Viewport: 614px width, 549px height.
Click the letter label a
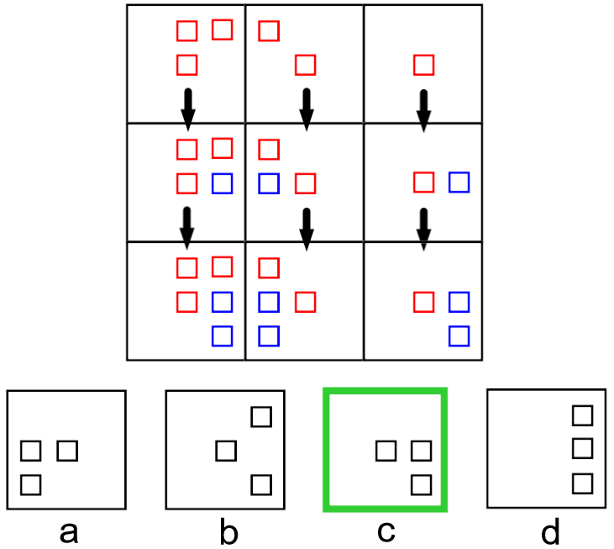tap(69, 531)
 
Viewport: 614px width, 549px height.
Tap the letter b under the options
tap(228, 531)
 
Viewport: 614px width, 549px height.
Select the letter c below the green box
tap(386, 531)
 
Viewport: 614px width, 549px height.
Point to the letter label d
tap(549, 531)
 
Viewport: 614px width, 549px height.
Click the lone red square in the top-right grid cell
tap(424, 64)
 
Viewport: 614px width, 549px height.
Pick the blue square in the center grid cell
tap(268, 182)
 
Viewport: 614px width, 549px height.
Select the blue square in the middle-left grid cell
tap(222, 182)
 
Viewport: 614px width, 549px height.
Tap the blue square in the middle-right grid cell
tap(459, 182)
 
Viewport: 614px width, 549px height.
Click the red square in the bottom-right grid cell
tap(424, 301)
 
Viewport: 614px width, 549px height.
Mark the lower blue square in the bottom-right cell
tap(459, 335)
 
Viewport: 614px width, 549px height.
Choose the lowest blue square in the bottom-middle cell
tap(268, 335)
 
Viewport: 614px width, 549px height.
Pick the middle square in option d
tap(582, 449)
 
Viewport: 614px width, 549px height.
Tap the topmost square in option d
tap(582, 414)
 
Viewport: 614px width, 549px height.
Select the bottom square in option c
tap(421, 484)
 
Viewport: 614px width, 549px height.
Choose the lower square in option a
tap(31, 484)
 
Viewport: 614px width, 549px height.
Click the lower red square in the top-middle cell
tap(306, 64)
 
